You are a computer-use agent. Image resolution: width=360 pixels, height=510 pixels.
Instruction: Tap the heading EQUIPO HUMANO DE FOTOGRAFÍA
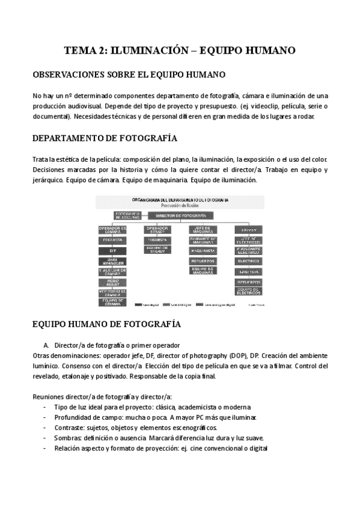[x=106, y=324]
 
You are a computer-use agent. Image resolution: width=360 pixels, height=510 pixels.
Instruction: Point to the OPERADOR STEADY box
[x=157, y=229]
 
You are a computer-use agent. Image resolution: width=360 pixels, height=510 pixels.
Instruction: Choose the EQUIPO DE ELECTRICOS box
[x=248, y=292]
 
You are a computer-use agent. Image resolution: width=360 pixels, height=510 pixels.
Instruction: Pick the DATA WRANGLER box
[x=112, y=261]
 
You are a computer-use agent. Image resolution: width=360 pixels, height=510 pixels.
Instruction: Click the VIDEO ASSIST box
[x=112, y=281]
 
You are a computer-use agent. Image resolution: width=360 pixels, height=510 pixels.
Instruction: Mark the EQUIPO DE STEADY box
[x=157, y=250]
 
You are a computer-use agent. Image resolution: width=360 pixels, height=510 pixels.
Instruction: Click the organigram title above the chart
[x=180, y=200]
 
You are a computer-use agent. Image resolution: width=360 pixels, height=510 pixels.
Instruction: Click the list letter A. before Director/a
[x=46, y=345]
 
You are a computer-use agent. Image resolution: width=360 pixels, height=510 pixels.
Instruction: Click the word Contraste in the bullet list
[x=69, y=428]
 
